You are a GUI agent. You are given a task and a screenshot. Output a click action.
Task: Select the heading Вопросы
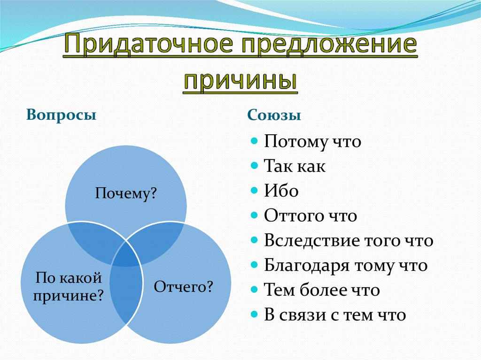pyautogui.click(x=62, y=115)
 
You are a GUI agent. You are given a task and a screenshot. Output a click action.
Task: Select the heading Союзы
pyautogui.click(x=274, y=115)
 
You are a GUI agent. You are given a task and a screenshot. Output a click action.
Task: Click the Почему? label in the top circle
pyautogui.click(x=125, y=193)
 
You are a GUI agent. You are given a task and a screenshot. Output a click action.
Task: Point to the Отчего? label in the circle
pyautogui.click(x=183, y=286)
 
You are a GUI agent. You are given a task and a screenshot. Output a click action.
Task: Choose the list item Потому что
pyautogui.click(x=312, y=141)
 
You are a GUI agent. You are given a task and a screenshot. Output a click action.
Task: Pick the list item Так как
pyautogui.click(x=295, y=166)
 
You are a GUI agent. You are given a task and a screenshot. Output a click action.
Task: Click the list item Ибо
pyautogui.click(x=281, y=191)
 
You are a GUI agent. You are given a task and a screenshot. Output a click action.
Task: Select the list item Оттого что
pyautogui.click(x=310, y=216)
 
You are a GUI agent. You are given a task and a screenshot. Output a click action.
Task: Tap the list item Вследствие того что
pyautogui.click(x=348, y=241)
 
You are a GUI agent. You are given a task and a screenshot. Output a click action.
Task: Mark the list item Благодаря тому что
pyautogui.click(x=345, y=266)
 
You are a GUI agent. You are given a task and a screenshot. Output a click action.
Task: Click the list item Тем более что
pyautogui.click(x=322, y=290)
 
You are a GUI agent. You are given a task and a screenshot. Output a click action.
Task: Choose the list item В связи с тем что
pyautogui.click(x=334, y=315)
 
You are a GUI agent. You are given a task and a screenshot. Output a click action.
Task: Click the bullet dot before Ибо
pyautogui.click(x=254, y=191)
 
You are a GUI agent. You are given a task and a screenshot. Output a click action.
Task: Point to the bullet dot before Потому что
pyautogui.click(x=254, y=141)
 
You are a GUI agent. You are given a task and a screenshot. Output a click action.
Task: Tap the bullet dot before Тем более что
pyautogui.click(x=254, y=290)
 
